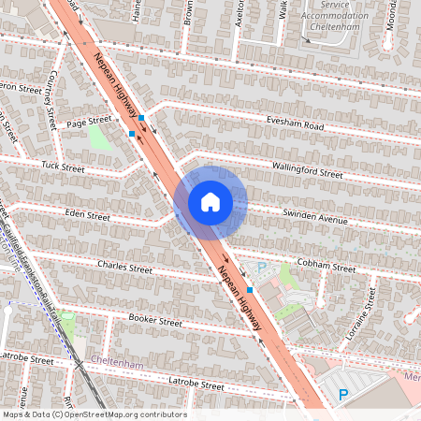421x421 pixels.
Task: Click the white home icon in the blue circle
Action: (210, 202)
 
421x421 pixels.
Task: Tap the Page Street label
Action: (89, 121)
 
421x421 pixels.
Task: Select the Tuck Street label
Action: (64, 169)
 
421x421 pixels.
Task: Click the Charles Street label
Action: (123, 268)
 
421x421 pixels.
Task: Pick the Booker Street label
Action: (155, 321)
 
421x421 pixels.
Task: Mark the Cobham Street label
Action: (326, 266)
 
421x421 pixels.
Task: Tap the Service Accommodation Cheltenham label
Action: (329, 16)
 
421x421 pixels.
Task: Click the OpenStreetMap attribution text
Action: (94, 414)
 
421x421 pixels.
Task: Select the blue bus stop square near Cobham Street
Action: (249, 291)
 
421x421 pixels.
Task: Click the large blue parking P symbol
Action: (343, 395)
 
